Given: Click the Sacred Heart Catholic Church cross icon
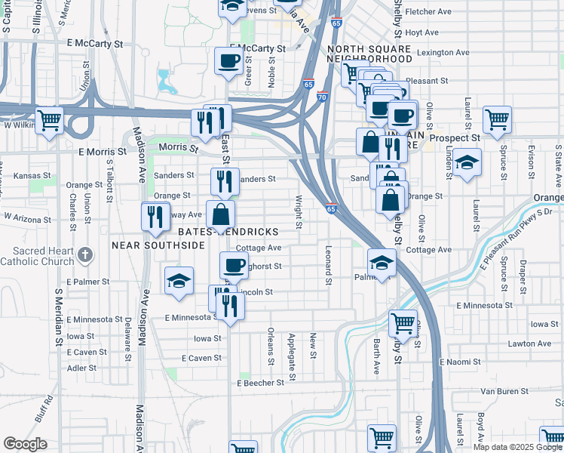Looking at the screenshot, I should point(86,254).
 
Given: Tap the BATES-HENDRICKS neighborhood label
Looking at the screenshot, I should point(228,231).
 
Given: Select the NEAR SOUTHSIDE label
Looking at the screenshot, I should point(158,245).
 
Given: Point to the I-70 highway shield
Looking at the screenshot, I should point(322,97).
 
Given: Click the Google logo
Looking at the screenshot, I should point(25,444).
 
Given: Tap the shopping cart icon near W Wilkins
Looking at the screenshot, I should point(49,119).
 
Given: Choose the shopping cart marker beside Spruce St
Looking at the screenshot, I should point(497,118).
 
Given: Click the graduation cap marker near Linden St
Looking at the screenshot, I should point(467,162).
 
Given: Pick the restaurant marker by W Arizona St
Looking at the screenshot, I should point(154,216).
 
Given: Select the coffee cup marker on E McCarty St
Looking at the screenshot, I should point(228,60).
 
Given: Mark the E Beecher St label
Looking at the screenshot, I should point(260,383).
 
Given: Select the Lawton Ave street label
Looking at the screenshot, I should point(531,343).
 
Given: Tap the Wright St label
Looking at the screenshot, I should point(299,214).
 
